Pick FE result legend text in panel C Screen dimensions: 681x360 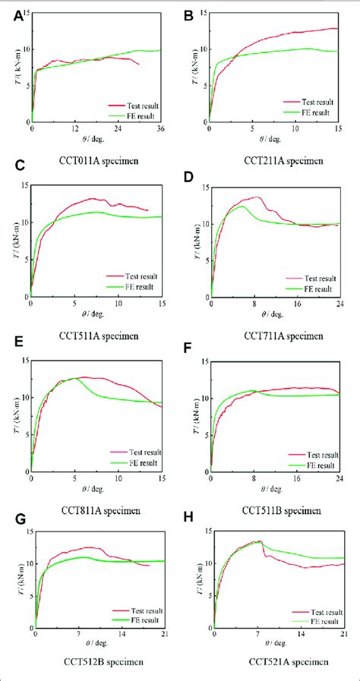[x=130, y=287]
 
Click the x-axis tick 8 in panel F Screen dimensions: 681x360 [x=254, y=470]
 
